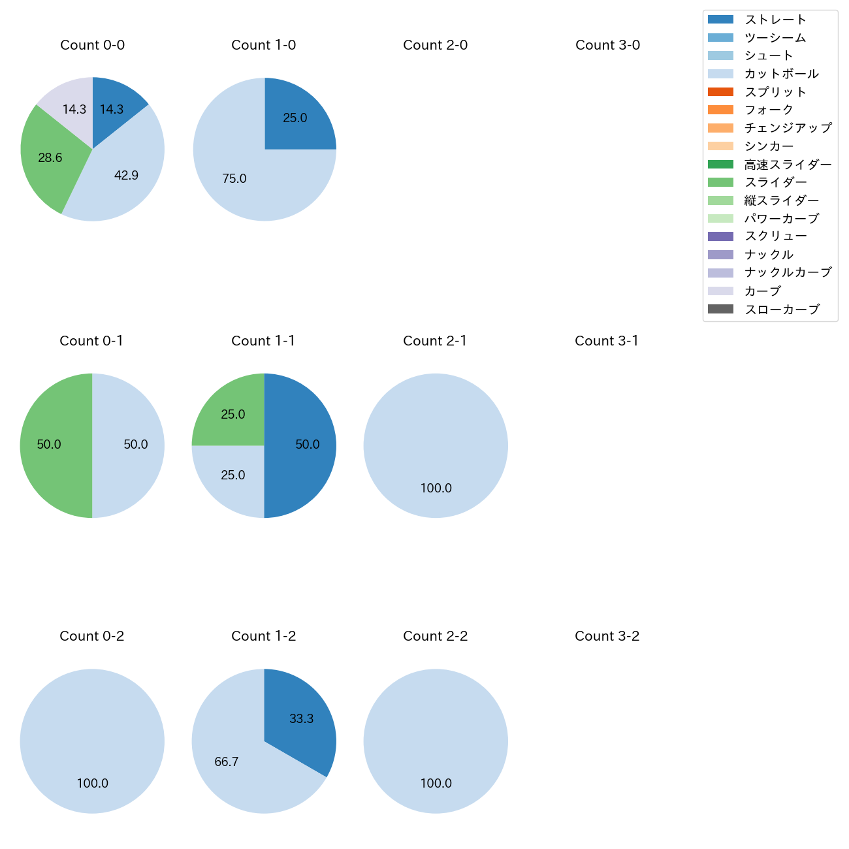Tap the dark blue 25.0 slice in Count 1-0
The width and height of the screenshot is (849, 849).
[295, 118]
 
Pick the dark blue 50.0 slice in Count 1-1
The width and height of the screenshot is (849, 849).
[304, 445]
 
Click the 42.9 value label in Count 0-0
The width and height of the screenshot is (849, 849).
[126, 175]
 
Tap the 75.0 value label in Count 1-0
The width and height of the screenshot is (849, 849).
[234, 179]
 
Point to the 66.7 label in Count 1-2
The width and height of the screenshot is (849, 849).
[227, 762]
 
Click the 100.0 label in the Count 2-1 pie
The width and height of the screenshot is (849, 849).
[436, 489]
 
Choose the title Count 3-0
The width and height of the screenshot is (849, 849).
[607, 45]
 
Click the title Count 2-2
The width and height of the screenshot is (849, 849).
[436, 636]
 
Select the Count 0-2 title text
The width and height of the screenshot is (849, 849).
[92, 636]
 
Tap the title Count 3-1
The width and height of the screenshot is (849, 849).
[607, 341]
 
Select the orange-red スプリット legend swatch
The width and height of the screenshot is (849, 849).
[720, 92]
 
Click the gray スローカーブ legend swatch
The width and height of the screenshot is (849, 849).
[720, 310]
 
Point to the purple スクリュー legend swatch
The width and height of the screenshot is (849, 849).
[720, 236]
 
